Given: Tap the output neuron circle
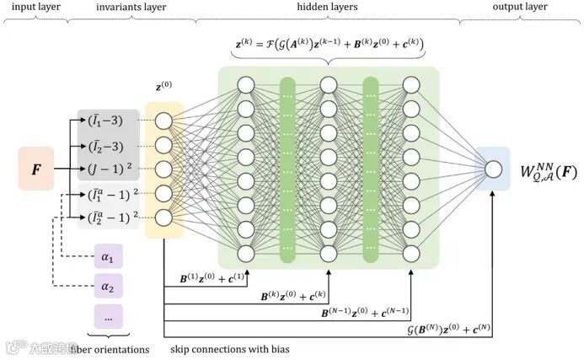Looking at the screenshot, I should click(494, 169).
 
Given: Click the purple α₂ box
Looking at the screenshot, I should click(107, 287).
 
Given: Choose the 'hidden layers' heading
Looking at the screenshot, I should click(327, 7).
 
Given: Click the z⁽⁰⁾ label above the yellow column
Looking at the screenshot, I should click(163, 86).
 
